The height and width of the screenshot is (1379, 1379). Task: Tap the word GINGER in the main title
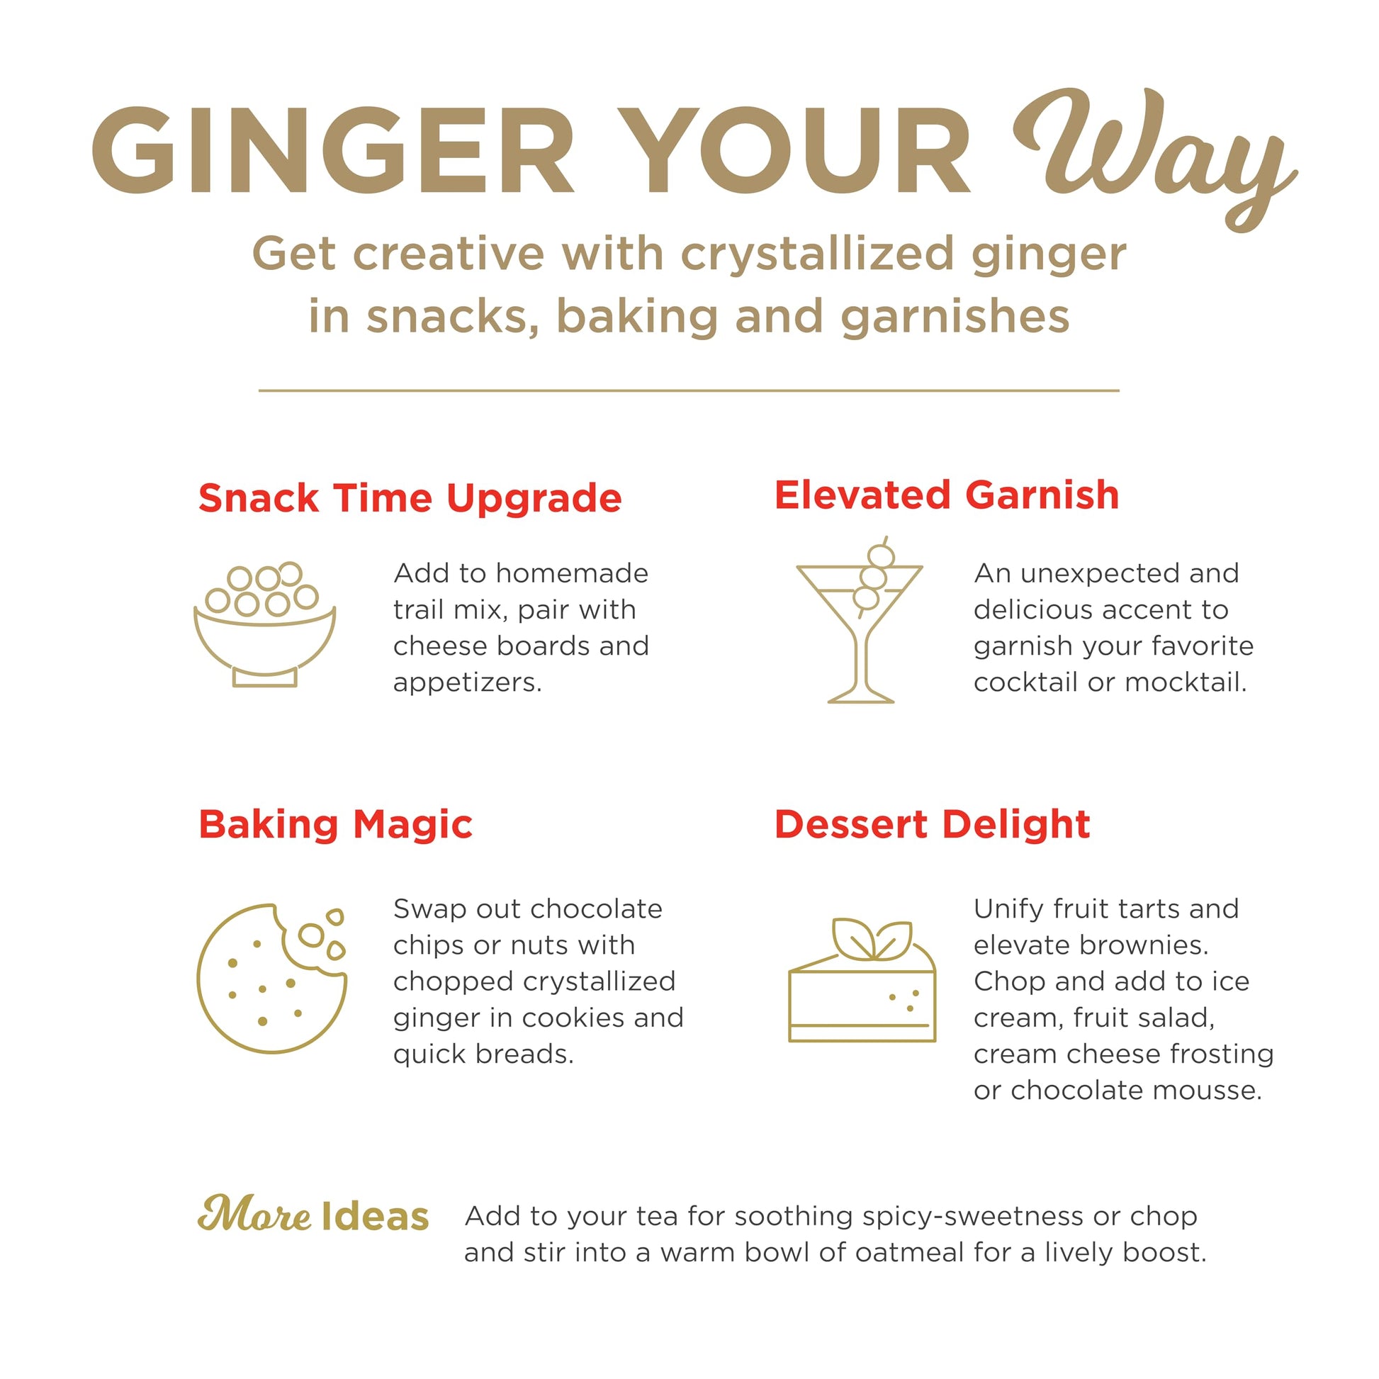click(x=333, y=151)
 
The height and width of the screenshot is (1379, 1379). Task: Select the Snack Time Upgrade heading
click(x=410, y=498)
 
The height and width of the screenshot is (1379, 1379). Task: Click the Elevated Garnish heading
click(x=947, y=495)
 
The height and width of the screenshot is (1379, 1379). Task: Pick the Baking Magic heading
click(x=335, y=825)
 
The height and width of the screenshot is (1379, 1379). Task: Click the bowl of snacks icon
click(x=265, y=624)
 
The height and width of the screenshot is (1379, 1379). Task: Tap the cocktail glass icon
click(x=860, y=620)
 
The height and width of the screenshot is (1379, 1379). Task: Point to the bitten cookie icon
click(x=271, y=978)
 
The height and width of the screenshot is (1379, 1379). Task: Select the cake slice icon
click(x=862, y=980)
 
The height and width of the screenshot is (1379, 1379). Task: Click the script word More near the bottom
click(x=254, y=1215)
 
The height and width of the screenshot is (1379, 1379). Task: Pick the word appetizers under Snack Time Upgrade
click(x=468, y=683)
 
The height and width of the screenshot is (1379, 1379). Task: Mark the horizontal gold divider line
click(x=689, y=390)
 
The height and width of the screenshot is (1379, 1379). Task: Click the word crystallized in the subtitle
click(x=817, y=254)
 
